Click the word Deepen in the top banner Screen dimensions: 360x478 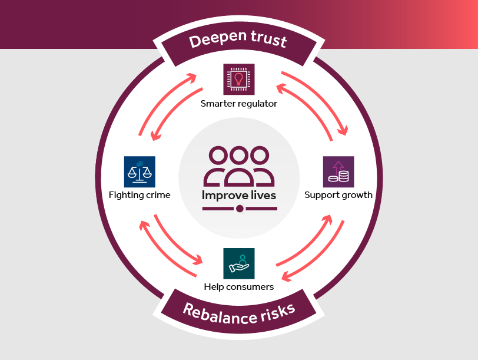tap(214, 41)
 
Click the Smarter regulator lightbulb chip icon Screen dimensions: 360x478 tap(239, 79)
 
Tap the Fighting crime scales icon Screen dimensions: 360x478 tap(140, 171)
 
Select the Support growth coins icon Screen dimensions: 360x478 tap(338, 171)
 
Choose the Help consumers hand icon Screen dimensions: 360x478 tap(239, 263)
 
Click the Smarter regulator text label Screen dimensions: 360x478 tap(239, 104)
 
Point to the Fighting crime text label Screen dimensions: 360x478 tap(140, 195)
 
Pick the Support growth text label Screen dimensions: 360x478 tap(338, 195)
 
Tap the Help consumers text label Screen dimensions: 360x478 tap(239, 288)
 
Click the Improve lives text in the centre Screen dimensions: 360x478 tap(239, 195)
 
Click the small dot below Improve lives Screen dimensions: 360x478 tap(239, 209)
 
